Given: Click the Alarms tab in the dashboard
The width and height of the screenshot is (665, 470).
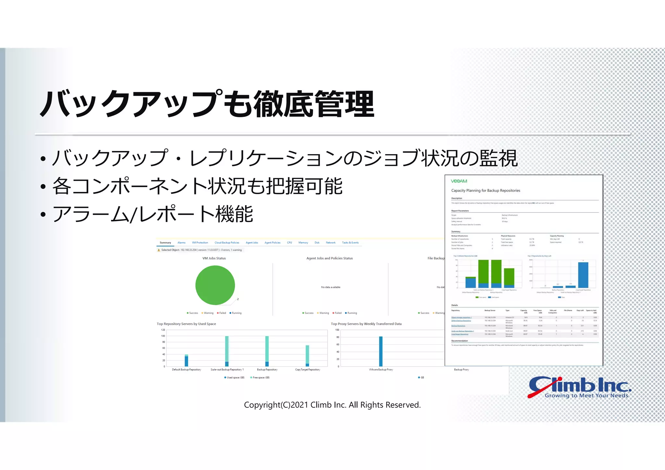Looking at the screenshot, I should (181, 243).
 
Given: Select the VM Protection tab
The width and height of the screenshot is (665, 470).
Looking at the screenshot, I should (200, 243).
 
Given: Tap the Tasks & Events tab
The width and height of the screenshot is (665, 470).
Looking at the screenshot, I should (350, 243).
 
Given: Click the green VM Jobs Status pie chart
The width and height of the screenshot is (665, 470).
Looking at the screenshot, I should (215, 285).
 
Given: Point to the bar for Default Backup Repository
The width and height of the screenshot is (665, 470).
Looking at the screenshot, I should (186, 361).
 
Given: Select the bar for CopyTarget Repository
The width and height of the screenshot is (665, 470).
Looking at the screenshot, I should (307, 356).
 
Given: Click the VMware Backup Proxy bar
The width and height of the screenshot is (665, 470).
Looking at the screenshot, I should (381, 352).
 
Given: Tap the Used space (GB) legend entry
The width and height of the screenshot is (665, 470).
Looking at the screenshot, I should (234, 377).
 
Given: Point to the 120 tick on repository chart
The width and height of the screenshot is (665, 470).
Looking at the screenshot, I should (163, 330).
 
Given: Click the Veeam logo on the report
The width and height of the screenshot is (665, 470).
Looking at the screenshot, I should (459, 181).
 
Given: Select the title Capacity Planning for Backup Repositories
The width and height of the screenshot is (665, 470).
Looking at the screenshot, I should (485, 191).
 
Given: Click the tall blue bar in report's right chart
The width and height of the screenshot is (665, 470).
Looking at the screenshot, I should (583, 275).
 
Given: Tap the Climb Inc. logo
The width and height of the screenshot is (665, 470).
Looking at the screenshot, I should (580, 387).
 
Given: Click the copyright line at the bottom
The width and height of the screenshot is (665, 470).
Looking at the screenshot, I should (332, 405).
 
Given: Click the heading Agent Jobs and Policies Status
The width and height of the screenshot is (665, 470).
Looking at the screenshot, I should (329, 258).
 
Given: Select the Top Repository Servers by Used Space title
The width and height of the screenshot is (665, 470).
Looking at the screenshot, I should (186, 324).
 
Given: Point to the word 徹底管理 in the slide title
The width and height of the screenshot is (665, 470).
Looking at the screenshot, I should (314, 105).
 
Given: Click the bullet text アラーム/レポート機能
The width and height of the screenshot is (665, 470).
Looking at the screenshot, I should (153, 214).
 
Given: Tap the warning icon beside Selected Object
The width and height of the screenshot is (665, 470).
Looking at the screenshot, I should (158, 250).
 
